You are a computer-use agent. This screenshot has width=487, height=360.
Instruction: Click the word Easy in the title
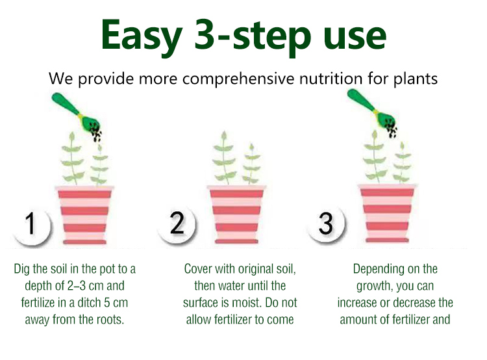click(142, 36)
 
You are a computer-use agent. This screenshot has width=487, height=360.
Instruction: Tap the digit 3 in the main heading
click(206, 34)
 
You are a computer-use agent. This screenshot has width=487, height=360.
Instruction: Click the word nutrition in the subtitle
click(331, 78)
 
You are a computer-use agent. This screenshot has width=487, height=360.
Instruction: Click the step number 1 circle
click(31, 225)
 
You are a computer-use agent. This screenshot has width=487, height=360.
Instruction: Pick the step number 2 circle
click(177, 224)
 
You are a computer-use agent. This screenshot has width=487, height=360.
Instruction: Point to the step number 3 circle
click(326, 223)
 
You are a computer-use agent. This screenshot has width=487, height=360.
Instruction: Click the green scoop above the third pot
click(371, 108)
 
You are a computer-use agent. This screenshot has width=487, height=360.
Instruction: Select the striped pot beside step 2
click(236, 214)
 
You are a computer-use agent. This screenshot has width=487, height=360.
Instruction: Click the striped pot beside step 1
click(84, 215)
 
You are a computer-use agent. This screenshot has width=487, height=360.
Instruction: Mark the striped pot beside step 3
click(387, 213)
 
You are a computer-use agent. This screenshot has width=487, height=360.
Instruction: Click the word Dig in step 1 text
click(21, 269)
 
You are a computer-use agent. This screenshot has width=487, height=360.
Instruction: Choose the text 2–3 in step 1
click(76, 286)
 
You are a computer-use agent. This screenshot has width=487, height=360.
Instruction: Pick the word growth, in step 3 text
click(374, 287)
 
